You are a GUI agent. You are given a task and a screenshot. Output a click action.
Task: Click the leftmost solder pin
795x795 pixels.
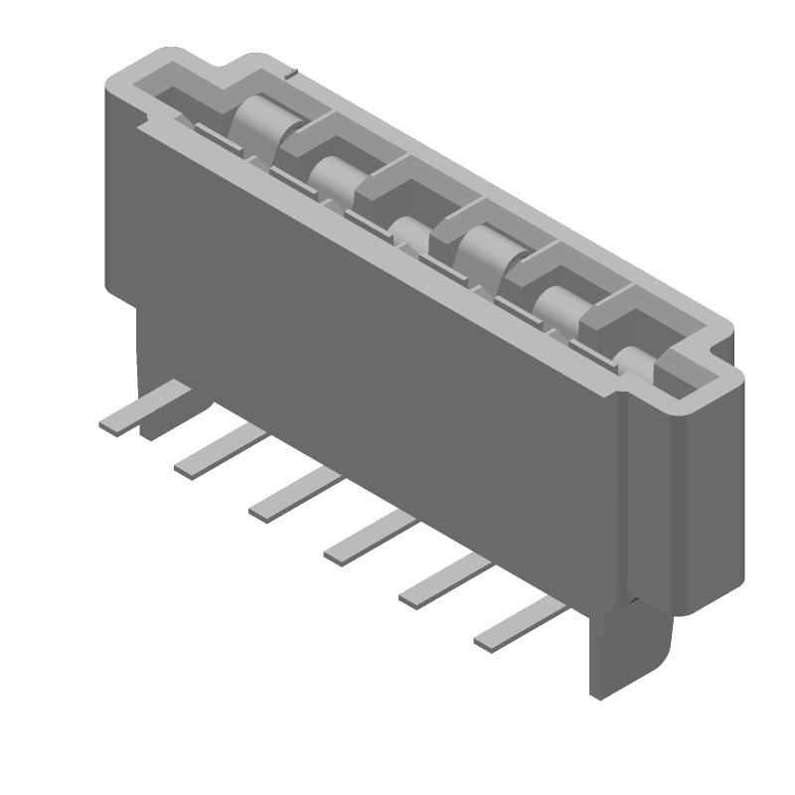(125, 419)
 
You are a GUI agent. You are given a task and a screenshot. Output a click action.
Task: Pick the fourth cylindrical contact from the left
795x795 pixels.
(482, 248)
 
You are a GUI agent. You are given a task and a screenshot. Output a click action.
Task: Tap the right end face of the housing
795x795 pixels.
(711, 487)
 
